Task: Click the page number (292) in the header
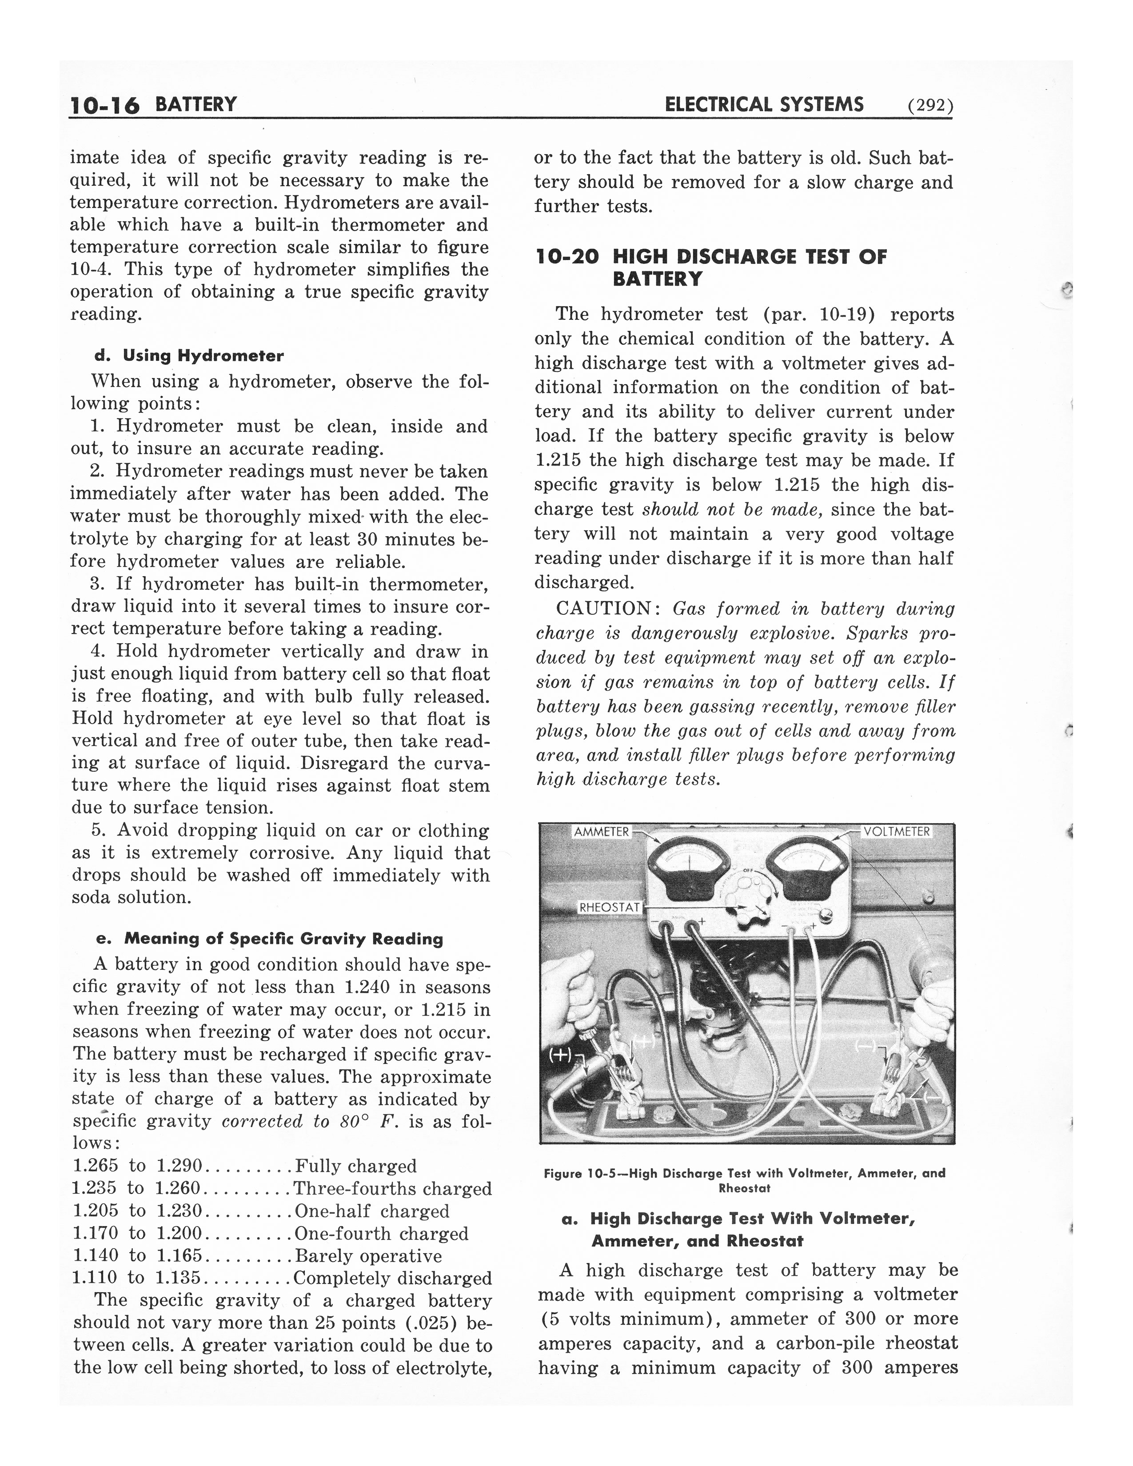coord(930,105)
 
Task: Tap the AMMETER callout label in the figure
coord(602,832)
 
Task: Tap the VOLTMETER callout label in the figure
coord(897,832)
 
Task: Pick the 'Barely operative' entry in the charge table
coord(368,1256)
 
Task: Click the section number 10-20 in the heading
coord(567,257)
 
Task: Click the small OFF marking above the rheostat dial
coord(747,871)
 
